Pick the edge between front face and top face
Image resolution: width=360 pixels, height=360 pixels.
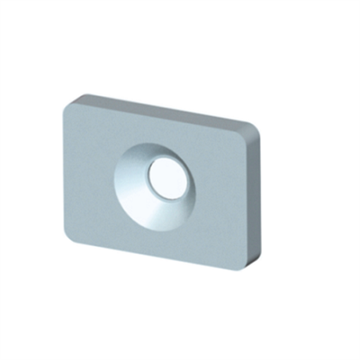(x=162, y=118)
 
